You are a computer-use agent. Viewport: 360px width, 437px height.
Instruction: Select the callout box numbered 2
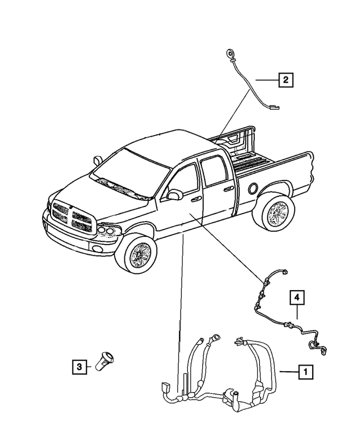[285, 80]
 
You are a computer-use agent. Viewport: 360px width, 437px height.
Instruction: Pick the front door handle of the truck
[196, 199]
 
